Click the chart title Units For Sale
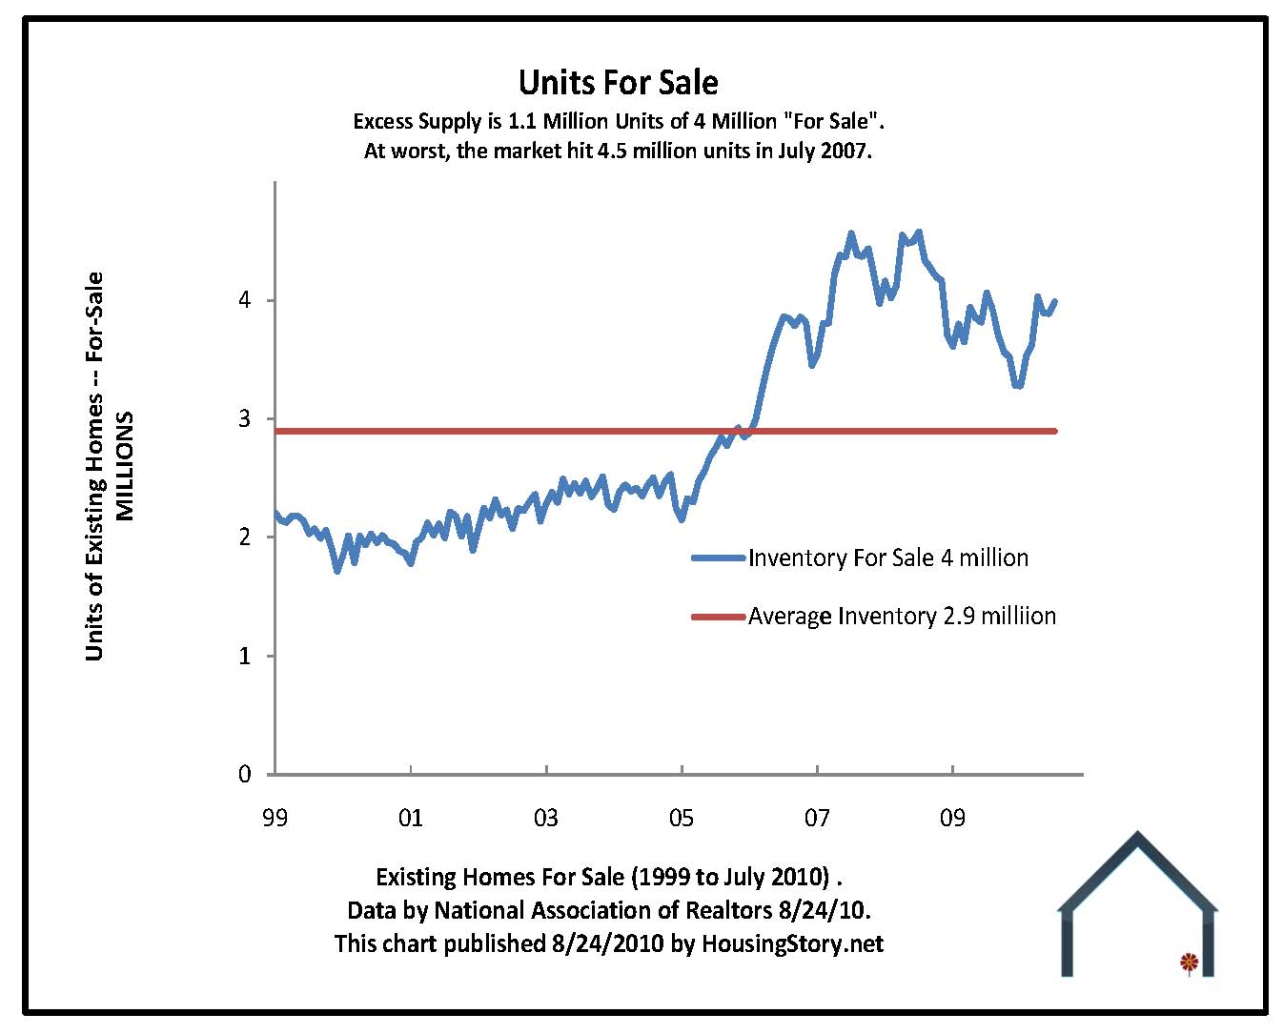(618, 83)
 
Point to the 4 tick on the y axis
(245, 300)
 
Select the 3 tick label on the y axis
(245, 418)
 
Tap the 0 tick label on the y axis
(245, 774)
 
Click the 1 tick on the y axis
(245, 656)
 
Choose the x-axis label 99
(275, 818)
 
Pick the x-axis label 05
(682, 818)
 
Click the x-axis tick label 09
(952, 818)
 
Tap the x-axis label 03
(546, 818)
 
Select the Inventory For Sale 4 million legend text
(888, 558)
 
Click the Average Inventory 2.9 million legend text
(902, 617)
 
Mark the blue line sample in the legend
(718, 558)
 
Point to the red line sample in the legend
(718, 618)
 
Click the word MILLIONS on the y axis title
(125, 466)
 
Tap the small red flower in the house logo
(1188, 962)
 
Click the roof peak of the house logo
(1137, 837)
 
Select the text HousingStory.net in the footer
(792, 943)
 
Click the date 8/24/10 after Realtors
(824, 910)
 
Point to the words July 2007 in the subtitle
(823, 151)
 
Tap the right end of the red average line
(1054, 431)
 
